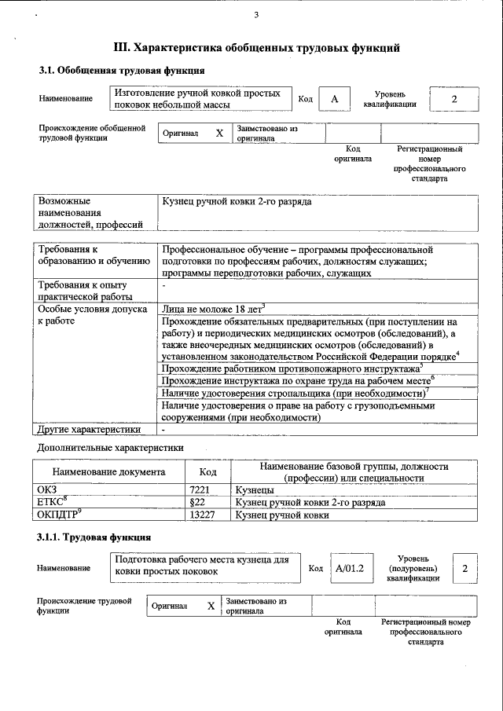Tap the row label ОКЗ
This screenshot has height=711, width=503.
point(48,489)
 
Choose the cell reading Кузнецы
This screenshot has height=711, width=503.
point(255,489)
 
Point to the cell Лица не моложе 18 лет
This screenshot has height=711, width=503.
point(213,309)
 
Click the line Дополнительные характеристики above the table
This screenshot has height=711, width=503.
point(111,447)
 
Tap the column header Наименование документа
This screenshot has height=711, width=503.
point(108,472)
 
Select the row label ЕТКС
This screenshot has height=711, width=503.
point(53,502)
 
